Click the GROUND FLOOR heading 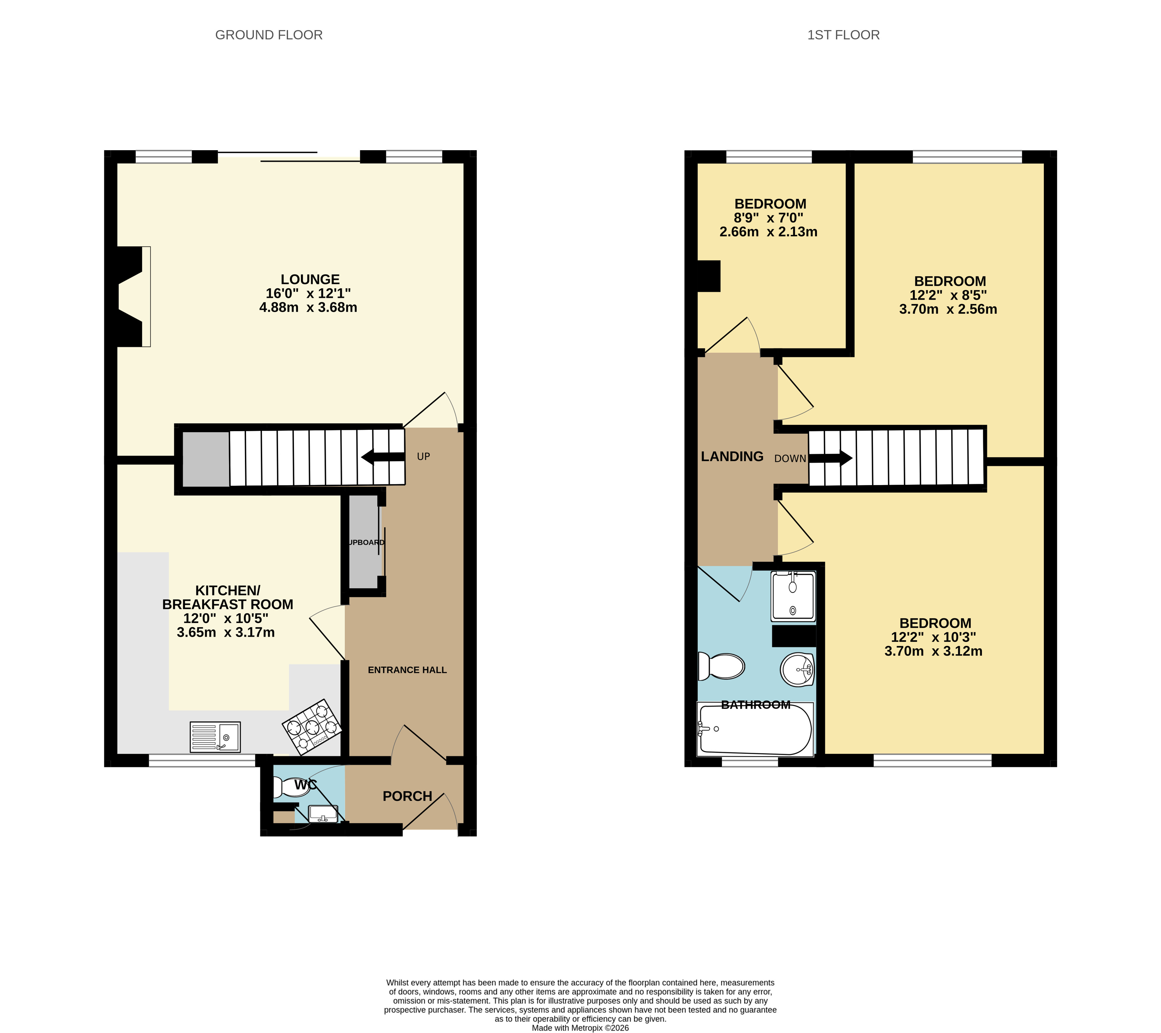click(269, 35)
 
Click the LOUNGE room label click(310, 279)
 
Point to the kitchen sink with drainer click(215, 737)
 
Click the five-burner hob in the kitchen click(312, 727)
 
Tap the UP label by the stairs click(423, 456)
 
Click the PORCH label click(407, 796)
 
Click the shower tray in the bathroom click(793, 596)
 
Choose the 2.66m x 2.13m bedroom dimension click(768, 232)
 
